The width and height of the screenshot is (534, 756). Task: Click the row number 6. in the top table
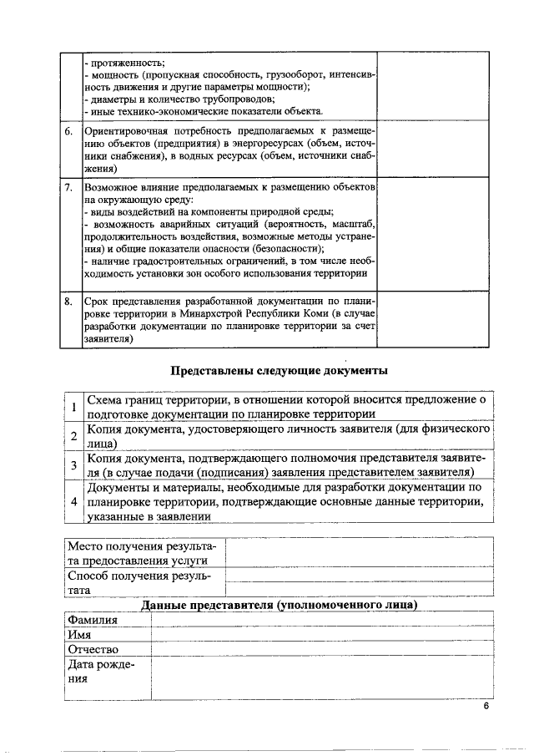coord(68,132)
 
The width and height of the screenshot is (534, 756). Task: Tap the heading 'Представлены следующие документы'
coord(280,370)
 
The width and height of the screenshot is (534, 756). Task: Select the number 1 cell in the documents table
coord(74,407)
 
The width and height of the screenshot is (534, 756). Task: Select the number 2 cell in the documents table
coord(74,436)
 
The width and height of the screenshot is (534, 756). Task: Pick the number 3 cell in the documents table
coord(74,465)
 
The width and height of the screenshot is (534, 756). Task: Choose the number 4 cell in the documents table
coord(74,501)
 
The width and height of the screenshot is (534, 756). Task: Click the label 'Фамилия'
coord(93,620)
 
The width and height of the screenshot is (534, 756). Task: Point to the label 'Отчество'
coord(93,650)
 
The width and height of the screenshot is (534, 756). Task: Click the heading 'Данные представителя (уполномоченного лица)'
coord(280,605)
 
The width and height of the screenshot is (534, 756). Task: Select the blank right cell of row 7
coord(432,230)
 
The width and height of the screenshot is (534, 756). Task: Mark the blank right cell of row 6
coord(432,149)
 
